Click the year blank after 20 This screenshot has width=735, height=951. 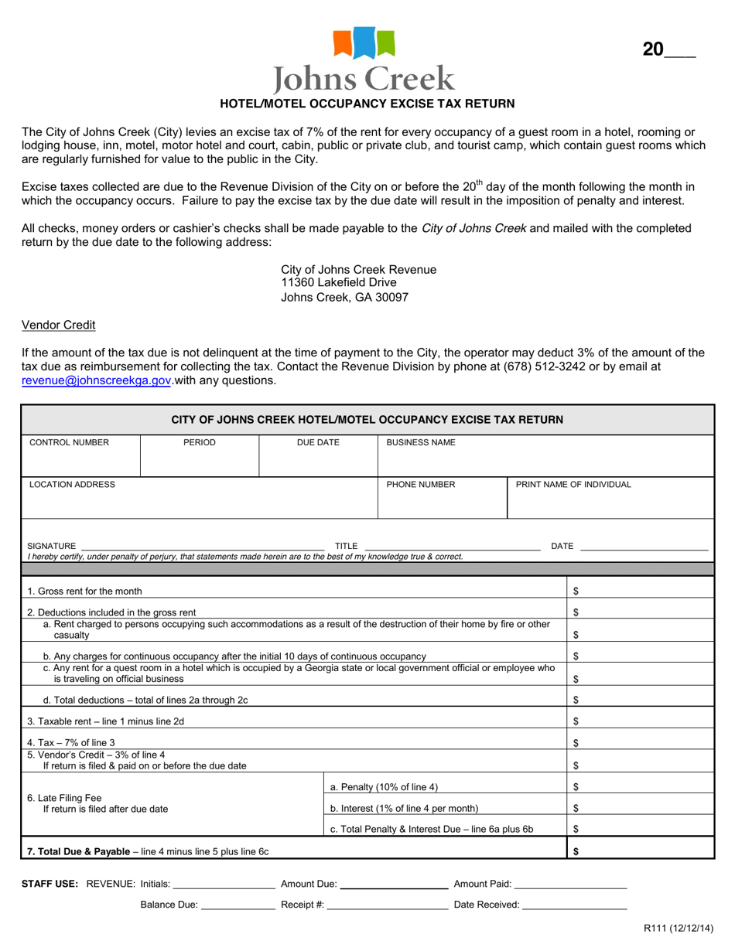click(680, 51)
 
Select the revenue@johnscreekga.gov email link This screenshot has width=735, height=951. click(96, 380)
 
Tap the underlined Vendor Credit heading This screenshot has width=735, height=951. click(58, 325)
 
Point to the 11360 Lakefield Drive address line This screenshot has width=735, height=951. click(338, 283)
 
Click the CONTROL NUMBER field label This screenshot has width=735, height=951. click(69, 443)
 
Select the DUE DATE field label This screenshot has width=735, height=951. click(318, 443)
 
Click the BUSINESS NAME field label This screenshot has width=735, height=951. click(421, 443)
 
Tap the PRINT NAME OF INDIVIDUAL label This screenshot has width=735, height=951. click(573, 485)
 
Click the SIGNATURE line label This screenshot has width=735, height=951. click(51, 546)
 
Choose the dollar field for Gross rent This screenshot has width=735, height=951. click(641, 591)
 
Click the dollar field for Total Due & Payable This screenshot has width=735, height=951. click(641, 851)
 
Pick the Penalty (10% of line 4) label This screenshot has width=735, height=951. click(384, 787)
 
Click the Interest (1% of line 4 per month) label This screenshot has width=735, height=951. click(404, 809)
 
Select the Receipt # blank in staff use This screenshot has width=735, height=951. click(387, 904)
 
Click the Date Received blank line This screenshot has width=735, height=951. click(574, 904)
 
